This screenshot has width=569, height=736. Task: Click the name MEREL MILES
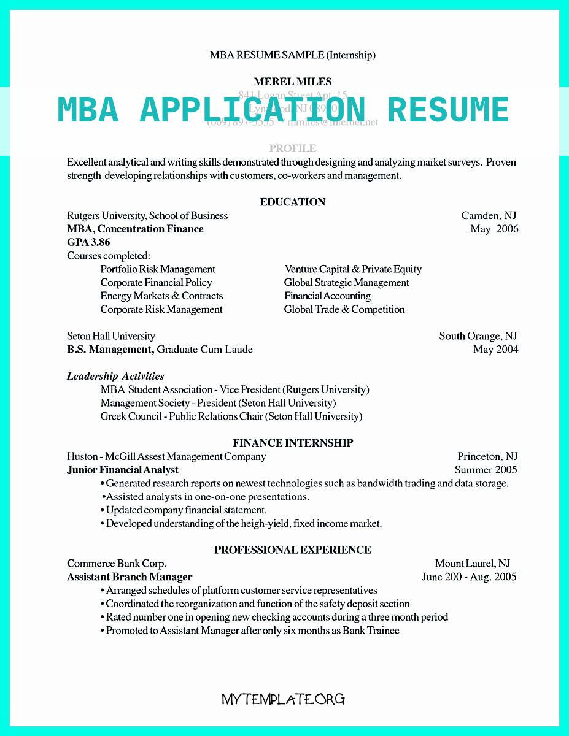[x=292, y=82]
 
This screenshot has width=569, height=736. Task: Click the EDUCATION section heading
[x=292, y=202]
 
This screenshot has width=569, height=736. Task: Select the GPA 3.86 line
[x=88, y=242]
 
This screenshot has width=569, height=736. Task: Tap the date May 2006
[x=494, y=229]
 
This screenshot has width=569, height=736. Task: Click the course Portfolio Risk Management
[x=158, y=269]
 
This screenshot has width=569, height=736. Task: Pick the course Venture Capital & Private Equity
[x=353, y=269]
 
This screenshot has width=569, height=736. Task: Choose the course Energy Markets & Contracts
[x=161, y=296]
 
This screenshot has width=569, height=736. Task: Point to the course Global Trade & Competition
[x=344, y=309]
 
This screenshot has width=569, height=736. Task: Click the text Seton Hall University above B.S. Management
[x=111, y=336]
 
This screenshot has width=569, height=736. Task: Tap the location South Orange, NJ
[x=478, y=336]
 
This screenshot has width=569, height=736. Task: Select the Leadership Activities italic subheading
[x=115, y=376]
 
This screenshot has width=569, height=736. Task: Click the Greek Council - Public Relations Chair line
[x=231, y=416]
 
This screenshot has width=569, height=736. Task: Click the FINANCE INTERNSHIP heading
[x=293, y=443]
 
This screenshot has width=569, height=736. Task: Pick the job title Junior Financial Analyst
[x=123, y=470]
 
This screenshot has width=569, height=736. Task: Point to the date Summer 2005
[x=486, y=470]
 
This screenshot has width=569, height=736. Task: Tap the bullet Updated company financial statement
[x=186, y=510]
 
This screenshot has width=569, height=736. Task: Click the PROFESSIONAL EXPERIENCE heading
[x=293, y=550]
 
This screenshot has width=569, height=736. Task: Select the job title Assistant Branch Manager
[x=130, y=577]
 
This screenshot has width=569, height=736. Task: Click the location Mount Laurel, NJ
[x=473, y=563]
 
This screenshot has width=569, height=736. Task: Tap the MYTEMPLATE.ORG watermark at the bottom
[x=284, y=699]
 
